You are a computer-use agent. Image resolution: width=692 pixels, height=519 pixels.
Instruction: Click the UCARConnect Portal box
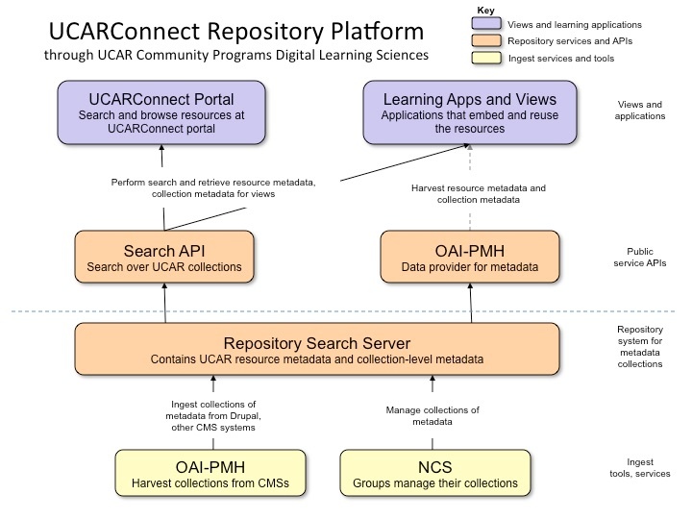(x=161, y=112)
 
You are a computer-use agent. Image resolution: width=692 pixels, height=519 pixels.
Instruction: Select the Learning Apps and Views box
(x=469, y=112)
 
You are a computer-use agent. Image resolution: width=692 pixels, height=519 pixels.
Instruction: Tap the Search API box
(x=164, y=257)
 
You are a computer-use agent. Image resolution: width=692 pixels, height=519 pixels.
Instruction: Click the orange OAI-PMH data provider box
(x=470, y=257)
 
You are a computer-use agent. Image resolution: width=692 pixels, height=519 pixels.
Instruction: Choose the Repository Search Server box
(x=316, y=350)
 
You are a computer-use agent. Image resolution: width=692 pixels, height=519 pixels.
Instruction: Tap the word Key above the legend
(x=487, y=10)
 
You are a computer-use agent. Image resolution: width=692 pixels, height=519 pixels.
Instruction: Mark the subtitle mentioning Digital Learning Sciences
(x=236, y=56)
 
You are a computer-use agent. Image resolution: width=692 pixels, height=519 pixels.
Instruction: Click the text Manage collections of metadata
(x=432, y=415)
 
